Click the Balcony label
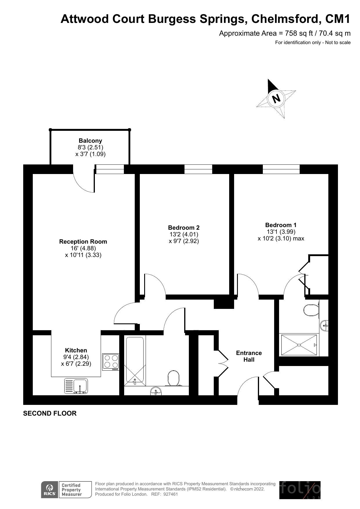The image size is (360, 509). pyautogui.click(x=91, y=141)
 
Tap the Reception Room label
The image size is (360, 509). pyautogui.click(x=83, y=242)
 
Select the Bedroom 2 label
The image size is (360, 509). pyautogui.click(x=184, y=228)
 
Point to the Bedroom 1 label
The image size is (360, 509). pyautogui.click(x=281, y=225)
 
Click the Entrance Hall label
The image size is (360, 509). pyautogui.click(x=249, y=356)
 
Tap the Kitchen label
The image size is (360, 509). pyautogui.click(x=76, y=350)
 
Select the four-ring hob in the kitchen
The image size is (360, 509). pyautogui.click(x=111, y=362)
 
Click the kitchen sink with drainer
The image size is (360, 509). pyautogui.click(x=76, y=386)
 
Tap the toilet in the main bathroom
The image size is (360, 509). pyautogui.click(x=173, y=378)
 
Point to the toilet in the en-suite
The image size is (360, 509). pyautogui.click(x=311, y=310)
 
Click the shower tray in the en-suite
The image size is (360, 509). pyautogui.click(x=299, y=345)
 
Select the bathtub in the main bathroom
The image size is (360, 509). pyautogui.click(x=135, y=361)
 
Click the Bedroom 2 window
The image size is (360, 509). pyautogui.click(x=198, y=169)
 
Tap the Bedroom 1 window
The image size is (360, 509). pyautogui.click(x=281, y=169)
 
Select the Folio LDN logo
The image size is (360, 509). pyautogui.click(x=300, y=490)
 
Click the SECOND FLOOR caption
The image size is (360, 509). pyautogui.click(x=50, y=413)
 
